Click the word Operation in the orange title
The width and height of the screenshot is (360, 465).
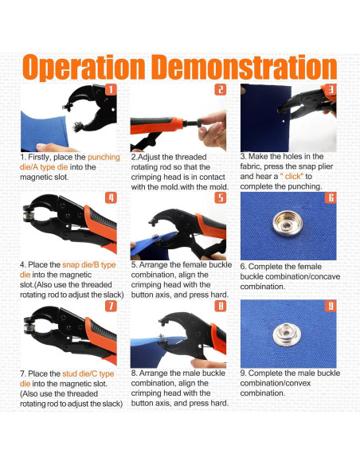pos(84,67)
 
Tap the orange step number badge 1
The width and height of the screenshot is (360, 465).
pos(111,89)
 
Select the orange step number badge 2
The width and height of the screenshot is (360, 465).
pos(221,89)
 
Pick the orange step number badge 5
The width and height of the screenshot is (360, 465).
pos(221,197)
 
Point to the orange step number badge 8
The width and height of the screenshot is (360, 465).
pos(221,306)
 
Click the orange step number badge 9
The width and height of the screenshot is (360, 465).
pos(331,306)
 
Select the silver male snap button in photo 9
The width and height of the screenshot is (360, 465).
pos(287,334)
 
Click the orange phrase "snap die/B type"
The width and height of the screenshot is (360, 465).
pos(89,265)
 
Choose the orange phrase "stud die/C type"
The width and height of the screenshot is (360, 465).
pos(88,373)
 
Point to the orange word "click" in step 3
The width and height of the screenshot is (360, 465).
pos(292,177)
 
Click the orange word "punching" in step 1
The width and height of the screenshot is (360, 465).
pos(104,158)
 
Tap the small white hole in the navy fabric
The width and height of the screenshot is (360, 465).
pos(284,121)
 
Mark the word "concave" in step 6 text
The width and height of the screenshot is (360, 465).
pos(324,276)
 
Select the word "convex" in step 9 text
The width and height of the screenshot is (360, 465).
pos(296,383)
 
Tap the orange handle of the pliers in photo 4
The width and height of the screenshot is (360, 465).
pos(101,228)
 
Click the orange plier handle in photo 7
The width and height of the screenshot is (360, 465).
pos(101,339)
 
